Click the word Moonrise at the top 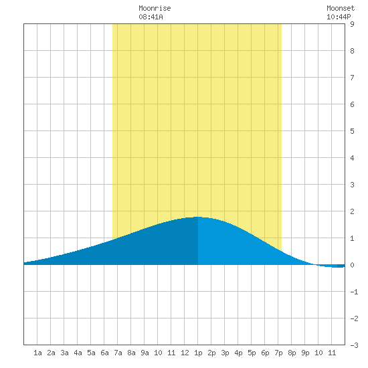tap(155, 8)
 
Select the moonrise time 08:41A tap(151, 17)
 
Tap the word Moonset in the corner tap(341, 8)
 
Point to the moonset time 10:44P tap(339, 17)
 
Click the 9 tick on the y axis tap(352, 24)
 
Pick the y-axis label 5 tap(352, 131)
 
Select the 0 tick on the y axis tap(352, 265)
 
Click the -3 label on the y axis tap(354, 345)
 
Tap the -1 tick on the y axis tap(354, 292)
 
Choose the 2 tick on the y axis tap(352, 211)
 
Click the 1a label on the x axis tap(37, 353)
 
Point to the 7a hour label tap(118, 353)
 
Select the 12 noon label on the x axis tap(185, 353)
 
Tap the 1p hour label tap(198, 353)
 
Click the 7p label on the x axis tap(278, 353)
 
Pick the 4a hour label tap(78, 353)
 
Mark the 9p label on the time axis tap(305, 353)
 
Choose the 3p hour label tap(225, 353)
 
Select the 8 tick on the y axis tap(352, 51)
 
